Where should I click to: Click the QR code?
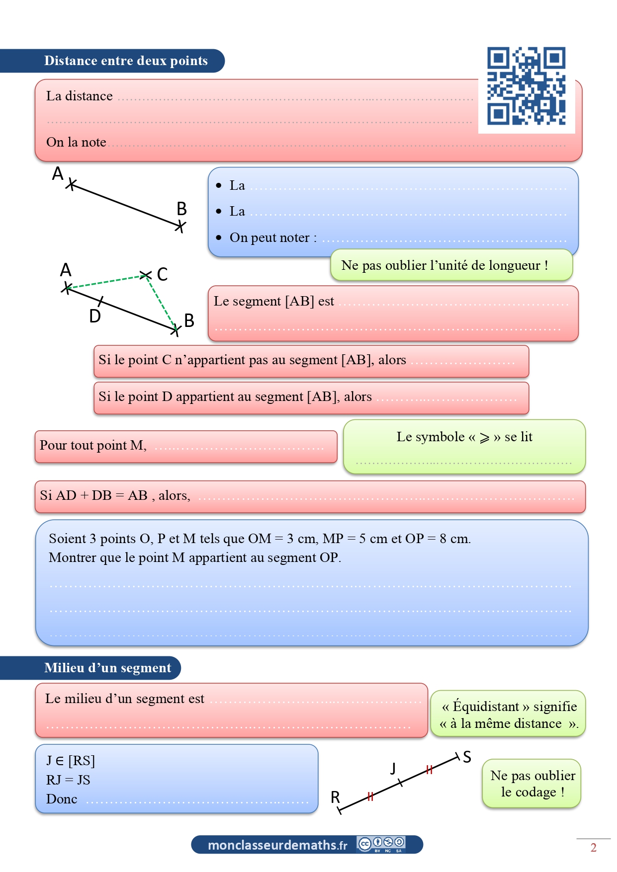(x=526, y=85)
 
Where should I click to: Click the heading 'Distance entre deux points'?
(x=126, y=61)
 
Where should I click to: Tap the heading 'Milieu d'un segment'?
(x=107, y=668)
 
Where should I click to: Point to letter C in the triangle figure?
(x=162, y=274)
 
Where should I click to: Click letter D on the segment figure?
(x=95, y=316)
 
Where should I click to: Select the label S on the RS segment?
(x=467, y=757)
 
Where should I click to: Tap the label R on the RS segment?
(x=336, y=797)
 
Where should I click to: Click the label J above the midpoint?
(x=393, y=768)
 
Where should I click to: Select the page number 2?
(x=593, y=848)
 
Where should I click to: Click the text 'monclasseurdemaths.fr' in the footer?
(x=277, y=845)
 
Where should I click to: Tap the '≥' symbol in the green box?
(x=485, y=438)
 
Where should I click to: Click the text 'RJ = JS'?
(x=68, y=780)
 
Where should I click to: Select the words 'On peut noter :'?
(x=273, y=238)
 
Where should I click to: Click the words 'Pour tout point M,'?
(x=93, y=445)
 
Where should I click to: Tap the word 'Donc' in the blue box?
(x=62, y=799)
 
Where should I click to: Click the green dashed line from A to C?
(x=106, y=281)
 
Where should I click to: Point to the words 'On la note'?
(x=76, y=142)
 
